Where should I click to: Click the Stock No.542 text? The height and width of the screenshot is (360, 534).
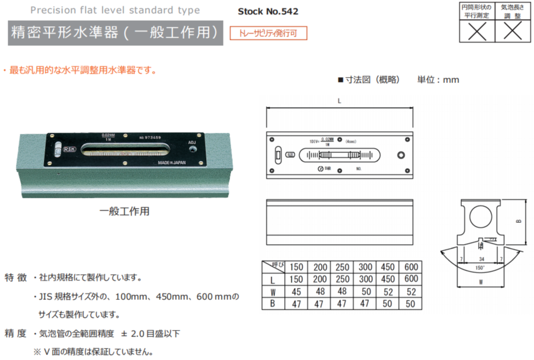(268, 11)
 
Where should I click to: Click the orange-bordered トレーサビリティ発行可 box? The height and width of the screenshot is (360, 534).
(268, 33)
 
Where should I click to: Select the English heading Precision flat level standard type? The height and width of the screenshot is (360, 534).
(115, 10)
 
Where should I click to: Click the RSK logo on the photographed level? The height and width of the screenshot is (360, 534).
(71, 147)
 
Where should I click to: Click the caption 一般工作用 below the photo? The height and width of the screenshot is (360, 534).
(124, 211)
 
